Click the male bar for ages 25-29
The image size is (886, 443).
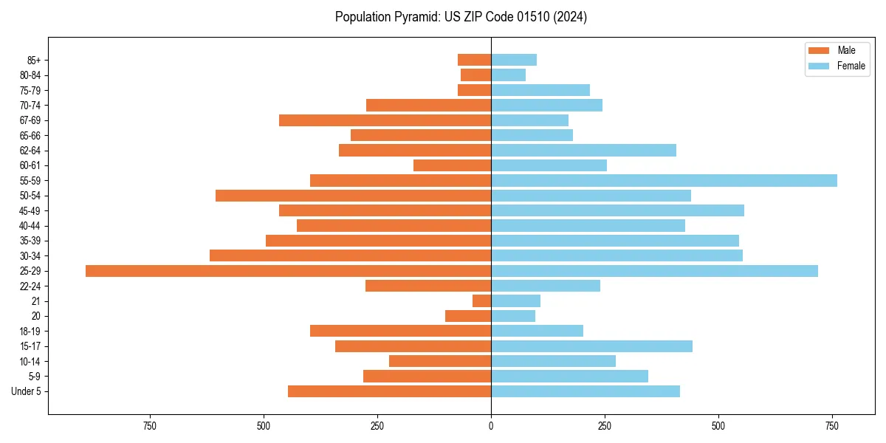[x=288, y=271]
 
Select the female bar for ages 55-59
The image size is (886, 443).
[x=664, y=181]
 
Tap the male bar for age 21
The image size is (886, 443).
[x=481, y=301]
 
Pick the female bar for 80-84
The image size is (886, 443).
[x=508, y=75]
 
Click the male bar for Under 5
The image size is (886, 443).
[x=389, y=391]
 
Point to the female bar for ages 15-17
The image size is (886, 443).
[x=591, y=346]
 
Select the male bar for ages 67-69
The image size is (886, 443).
[x=385, y=120]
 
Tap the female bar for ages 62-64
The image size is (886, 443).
[x=583, y=151]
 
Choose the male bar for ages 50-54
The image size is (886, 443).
[x=353, y=196]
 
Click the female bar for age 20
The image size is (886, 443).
[x=513, y=316]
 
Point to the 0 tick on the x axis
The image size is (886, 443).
[x=491, y=426]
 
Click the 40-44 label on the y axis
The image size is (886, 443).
[x=30, y=226]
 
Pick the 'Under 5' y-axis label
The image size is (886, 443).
[x=26, y=391]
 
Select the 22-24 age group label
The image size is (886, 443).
[x=30, y=286]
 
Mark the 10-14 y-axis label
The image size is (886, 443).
[x=30, y=362]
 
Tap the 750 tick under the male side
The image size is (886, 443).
[x=150, y=426]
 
